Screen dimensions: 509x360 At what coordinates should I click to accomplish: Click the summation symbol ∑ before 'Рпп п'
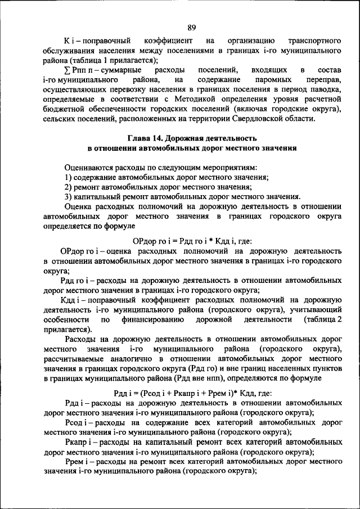click(67, 70)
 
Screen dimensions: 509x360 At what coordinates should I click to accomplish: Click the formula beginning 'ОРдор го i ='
click(191, 240)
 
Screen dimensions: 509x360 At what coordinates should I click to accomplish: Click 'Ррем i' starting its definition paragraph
click(76, 461)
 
